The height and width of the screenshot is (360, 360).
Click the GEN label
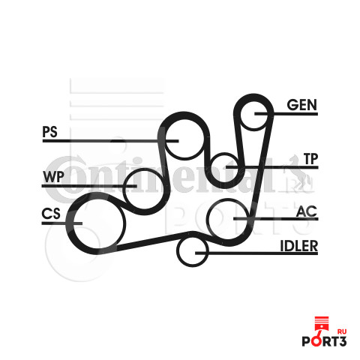(x=302, y=105)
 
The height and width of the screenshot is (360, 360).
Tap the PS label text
(x=50, y=132)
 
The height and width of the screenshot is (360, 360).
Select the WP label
(x=53, y=177)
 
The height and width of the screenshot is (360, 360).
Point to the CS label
(x=51, y=214)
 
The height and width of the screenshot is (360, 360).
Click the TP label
(x=310, y=159)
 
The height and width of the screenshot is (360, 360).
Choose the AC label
(x=307, y=211)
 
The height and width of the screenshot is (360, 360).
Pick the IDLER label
(x=299, y=246)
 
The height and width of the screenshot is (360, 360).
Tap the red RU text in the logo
(x=342, y=331)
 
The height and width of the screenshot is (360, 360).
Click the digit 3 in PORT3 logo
(x=342, y=341)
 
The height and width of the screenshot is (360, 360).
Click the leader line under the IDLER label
(x=256, y=253)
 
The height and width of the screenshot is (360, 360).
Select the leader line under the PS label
(x=110, y=141)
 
